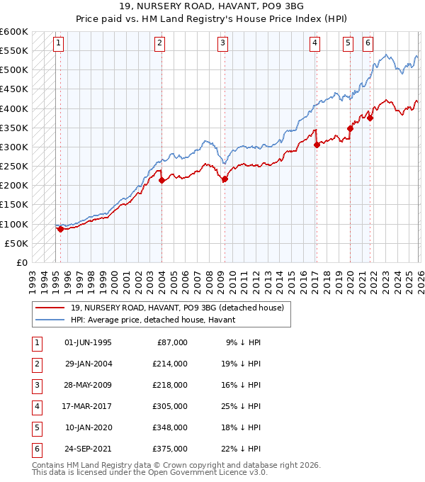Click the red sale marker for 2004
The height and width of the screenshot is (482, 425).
161,180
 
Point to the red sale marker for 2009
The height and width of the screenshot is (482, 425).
225,179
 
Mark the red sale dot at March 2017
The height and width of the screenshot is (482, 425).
316,145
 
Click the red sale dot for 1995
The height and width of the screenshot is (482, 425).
60,229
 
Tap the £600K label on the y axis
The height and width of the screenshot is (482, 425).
14,32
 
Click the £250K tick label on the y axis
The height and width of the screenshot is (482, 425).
14,167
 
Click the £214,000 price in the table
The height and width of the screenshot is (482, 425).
170,364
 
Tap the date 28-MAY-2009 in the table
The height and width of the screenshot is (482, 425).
88,385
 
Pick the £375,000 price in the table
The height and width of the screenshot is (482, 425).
170,449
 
